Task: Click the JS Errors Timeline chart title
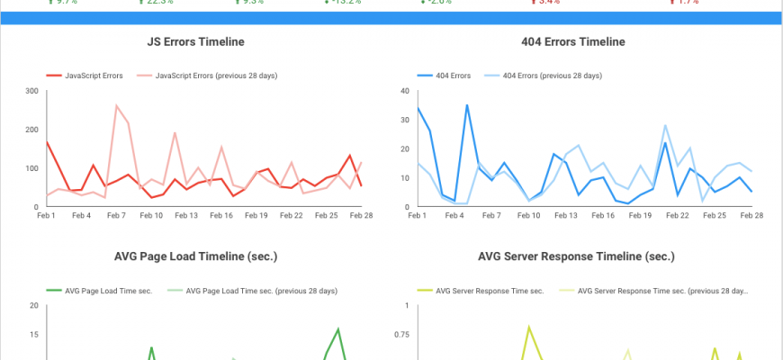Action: [195, 41]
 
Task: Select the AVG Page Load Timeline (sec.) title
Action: [195, 256]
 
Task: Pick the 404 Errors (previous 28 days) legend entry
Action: [552, 76]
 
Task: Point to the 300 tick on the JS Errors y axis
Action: [31, 91]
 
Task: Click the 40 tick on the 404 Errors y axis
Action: [404, 91]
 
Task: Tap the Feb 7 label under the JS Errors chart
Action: [116, 216]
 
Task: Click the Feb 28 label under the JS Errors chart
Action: [361, 216]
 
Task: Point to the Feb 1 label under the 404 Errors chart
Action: [418, 216]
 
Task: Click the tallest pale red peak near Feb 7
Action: [116, 105]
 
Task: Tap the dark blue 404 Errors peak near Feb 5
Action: [467, 105]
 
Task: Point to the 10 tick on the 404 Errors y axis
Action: [404, 178]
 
